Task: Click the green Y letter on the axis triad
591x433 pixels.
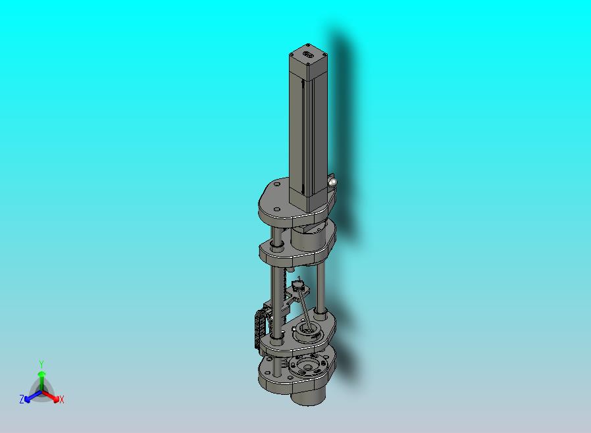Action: click(x=41, y=364)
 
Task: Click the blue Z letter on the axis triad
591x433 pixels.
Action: click(x=22, y=399)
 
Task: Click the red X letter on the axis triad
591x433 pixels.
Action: click(x=61, y=400)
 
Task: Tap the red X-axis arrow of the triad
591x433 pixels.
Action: click(x=50, y=396)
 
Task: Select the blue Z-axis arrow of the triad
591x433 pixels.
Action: click(x=33, y=396)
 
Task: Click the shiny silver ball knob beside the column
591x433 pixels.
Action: click(x=332, y=183)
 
